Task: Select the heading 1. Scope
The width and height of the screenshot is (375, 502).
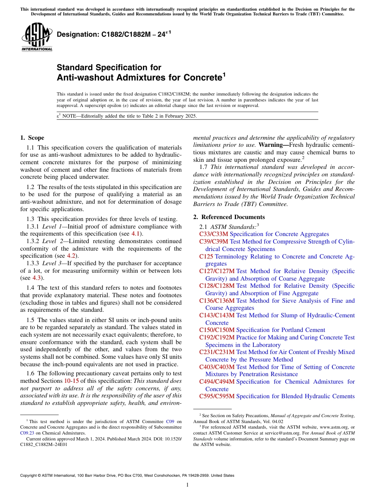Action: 32,138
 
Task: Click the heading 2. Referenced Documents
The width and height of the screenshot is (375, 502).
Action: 229,217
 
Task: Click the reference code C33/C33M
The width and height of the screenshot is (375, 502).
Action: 214,234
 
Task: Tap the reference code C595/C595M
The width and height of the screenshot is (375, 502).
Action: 217,396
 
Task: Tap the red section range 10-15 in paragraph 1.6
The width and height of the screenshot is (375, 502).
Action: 71,381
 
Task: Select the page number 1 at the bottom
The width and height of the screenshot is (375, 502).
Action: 187,485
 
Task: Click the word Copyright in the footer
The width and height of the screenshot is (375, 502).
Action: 30,476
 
